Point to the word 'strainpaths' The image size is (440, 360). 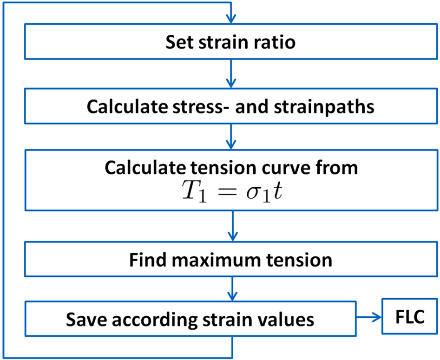(x=324, y=107)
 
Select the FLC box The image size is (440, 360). (x=410, y=317)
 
